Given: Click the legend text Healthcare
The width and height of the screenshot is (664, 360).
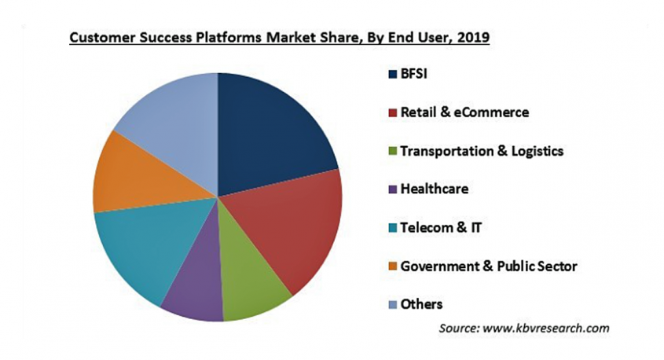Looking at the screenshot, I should pyautogui.click(x=434, y=189).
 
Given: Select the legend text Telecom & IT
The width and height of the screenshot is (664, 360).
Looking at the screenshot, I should pyautogui.click(x=440, y=228).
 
